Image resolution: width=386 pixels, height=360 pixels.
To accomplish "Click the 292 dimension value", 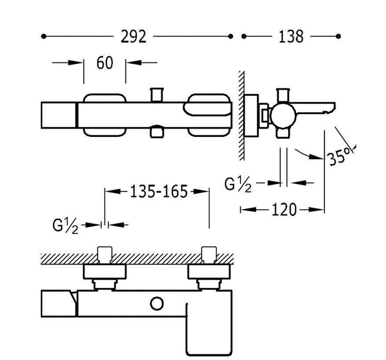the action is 133,37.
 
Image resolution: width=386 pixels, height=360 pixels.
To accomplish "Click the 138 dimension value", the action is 291,37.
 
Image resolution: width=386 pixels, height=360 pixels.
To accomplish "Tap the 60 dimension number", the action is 105,63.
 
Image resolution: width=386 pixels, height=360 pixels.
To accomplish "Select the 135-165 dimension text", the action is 159,192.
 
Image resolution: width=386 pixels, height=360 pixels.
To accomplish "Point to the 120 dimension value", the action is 284,210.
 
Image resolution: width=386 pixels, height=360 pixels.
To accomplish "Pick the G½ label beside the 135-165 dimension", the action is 66,226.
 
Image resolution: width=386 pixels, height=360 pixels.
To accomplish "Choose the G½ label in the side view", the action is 238,184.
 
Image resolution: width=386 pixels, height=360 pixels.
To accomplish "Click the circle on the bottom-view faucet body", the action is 157,304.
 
